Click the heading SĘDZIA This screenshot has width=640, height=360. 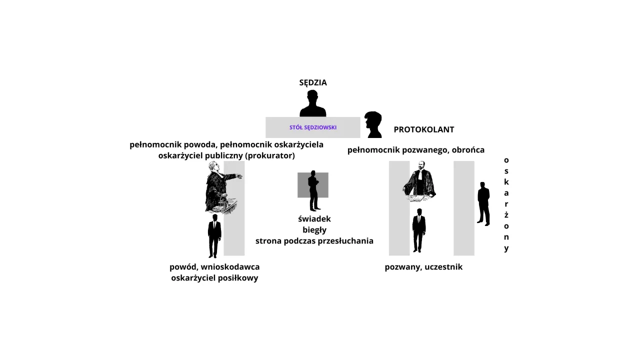pyautogui.click(x=313, y=82)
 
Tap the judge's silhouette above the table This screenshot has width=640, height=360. pyautogui.click(x=313, y=104)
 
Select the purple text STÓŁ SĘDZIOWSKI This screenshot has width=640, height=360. pyautogui.click(x=313, y=127)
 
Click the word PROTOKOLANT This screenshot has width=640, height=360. pyautogui.click(x=424, y=129)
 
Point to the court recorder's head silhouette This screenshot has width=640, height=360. pyautogui.click(x=373, y=124)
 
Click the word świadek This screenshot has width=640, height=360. pyautogui.click(x=314, y=219)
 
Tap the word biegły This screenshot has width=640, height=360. pyautogui.click(x=314, y=230)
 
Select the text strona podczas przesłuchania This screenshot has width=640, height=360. pyautogui.click(x=314, y=241)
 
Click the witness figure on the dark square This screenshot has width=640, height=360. pyautogui.click(x=313, y=190)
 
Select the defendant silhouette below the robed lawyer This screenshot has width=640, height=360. pyautogui.click(x=419, y=230)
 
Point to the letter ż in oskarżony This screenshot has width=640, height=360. pyautogui.click(x=506, y=214)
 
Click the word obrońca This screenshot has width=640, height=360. pyautogui.click(x=468, y=150)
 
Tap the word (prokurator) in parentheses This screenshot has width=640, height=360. pyautogui.click(x=270, y=155)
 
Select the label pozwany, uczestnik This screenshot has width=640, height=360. pyautogui.click(x=423, y=267)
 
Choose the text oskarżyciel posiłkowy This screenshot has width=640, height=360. pyautogui.click(x=214, y=278)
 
